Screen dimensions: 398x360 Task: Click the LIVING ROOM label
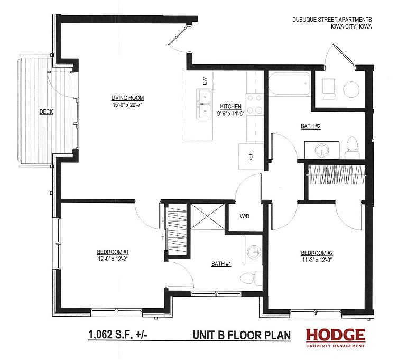pyautogui.click(x=127, y=98)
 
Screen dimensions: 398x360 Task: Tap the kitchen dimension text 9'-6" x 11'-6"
pyautogui.click(x=230, y=114)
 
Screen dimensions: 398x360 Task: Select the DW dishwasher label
pyautogui.click(x=205, y=81)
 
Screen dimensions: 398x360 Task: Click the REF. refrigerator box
pyautogui.click(x=251, y=156)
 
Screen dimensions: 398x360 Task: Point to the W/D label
pyautogui.click(x=245, y=216)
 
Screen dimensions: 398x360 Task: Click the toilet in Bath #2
pyautogui.click(x=352, y=148)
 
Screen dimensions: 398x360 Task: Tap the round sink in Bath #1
pyautogui.click(x=254, y=252)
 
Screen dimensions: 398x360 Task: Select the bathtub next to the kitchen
pyautogui.click(x=289, y=84)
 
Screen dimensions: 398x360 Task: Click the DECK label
pyautogui.click(x=46, y=112)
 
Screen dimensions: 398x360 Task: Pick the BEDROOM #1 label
pyautogui.click(x=113, y=252)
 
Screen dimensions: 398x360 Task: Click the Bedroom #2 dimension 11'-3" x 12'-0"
pyautogui.click(x=317, y=260)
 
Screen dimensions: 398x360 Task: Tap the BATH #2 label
pyautogui.click(x=311, y=126)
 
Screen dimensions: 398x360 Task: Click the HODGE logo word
pyautogui.click(x=336, y=335)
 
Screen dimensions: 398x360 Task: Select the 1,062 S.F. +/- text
pyautogui.click(x=117, y=334)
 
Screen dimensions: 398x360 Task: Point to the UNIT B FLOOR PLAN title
pyautogui.click(x=242, y=335)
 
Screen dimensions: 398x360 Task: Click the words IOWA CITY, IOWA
pyautogui.click(x=351, y=26)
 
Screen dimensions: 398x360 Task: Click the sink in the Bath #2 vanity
pyautogui.click(x=322, y=150)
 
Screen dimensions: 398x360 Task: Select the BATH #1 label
pyautogui.click(x=221, y=264)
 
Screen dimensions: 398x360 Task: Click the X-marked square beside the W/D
pyautogui.click(x=208, y=216)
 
